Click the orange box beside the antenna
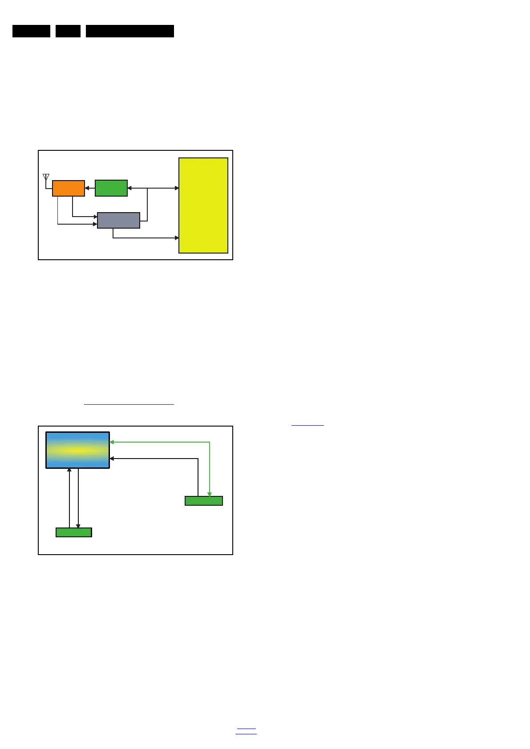(x=69, y=188)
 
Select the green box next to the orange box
(x=111, y=188)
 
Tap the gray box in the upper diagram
(x=118, y=220)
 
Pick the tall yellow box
(x=203, y=205)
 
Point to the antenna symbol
(x=46, y=177)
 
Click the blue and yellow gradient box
(x=78, y=450)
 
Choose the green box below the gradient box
(x=74, y=532)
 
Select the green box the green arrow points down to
(x=204, y=501)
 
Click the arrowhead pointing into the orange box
(x=87, y=188)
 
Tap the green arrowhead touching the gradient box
(x=112, y=442)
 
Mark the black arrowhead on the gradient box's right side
(x=112, y=459)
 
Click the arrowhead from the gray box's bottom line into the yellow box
(x=177, y=238)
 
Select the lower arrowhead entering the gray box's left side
(x=95, y=224)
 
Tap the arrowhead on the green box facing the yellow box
(x=129, y=188)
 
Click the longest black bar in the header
(x=130, y=31)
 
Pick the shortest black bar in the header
(x=68, y=31)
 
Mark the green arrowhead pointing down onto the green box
(x=210, y=494)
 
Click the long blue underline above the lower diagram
(x=129, y=404)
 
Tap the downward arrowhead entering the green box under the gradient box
(x=78, y=527)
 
